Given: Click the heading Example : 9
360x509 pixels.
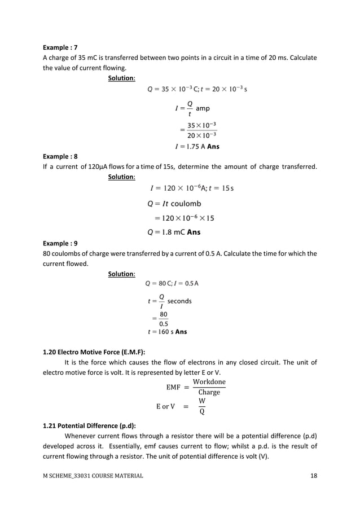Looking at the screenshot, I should (60, 244).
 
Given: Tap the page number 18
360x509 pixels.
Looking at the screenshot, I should (314, 476).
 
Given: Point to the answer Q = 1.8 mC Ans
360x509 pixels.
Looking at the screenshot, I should (173, 231).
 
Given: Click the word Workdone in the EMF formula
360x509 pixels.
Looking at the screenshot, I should (209, 382).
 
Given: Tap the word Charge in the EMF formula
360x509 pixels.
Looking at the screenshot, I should (209, 392).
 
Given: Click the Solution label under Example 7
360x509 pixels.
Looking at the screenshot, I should (121, 78).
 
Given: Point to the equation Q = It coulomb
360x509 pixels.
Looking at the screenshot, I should (174, 204).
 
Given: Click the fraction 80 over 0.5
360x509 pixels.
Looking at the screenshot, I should (163, 319).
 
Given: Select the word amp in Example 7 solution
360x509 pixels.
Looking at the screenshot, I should (203, 108).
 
